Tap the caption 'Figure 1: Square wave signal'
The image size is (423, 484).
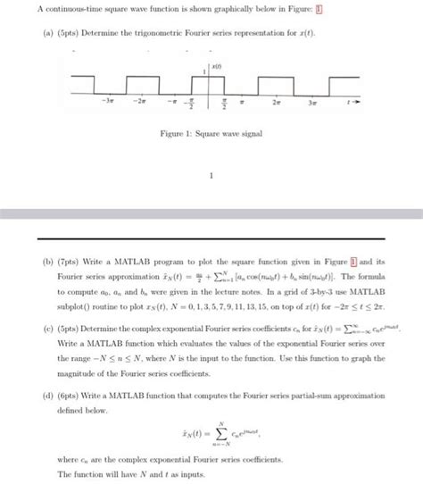[x=210, y=140]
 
